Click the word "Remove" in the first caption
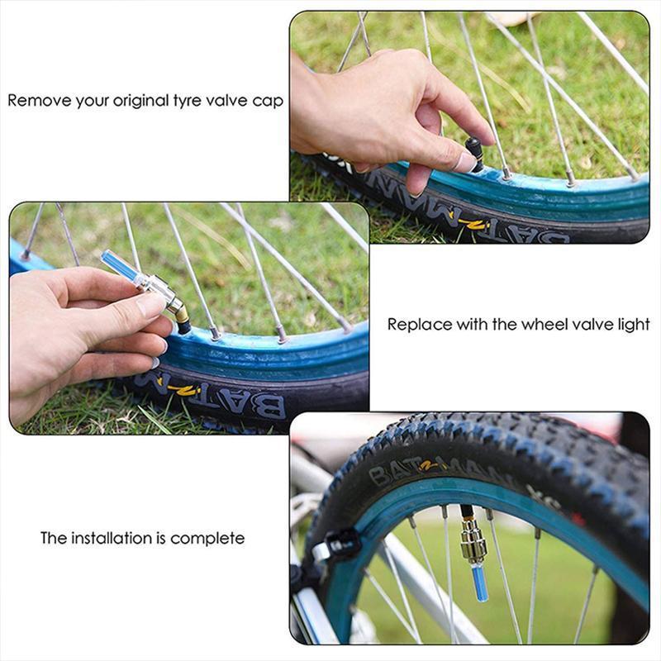pyautogui.click(x=34, y=101)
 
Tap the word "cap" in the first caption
pyautogui.click(x=270, y=102)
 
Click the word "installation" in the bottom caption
pyautogui.click(x=113, y=538)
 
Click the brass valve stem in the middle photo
pyautogui.click(x=176, y=311)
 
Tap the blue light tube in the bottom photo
pyautogui.click(x=479, y=580)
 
